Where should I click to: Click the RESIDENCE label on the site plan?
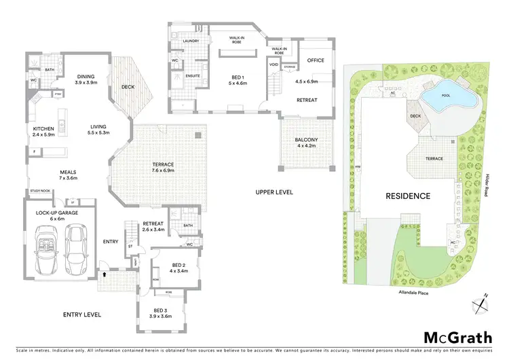click(x=408, y=196)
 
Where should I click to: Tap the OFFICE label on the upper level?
click(x=316, y=60)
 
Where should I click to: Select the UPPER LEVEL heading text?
click(x=274, y=192)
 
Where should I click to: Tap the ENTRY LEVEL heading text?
click(x=81, y=314)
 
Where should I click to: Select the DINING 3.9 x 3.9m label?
click(x=86, y=79)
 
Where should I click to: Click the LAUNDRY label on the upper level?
click(x=191, y=41)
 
